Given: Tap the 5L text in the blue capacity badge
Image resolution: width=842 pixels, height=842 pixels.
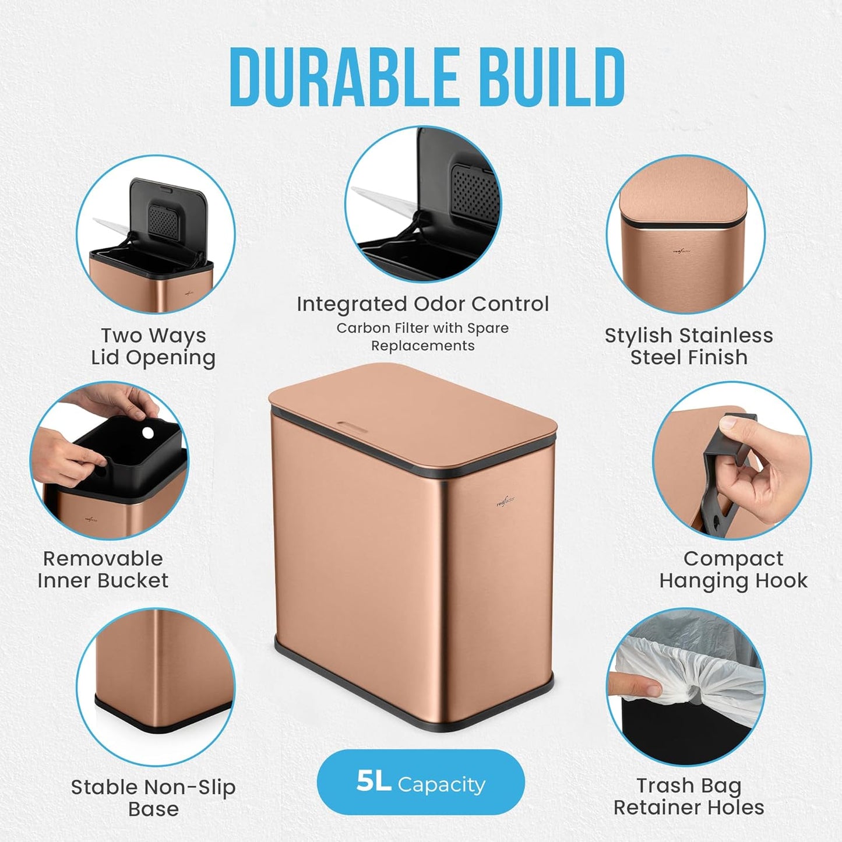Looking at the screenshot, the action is (374, 782).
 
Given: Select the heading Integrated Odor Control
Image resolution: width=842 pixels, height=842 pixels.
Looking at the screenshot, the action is (422, 304).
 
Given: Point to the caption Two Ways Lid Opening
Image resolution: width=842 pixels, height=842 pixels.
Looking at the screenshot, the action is (153, 347).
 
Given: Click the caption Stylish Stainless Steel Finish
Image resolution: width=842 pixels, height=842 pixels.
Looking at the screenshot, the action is (689, 347).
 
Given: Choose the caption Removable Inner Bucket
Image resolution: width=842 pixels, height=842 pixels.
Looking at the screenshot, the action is (103, 570).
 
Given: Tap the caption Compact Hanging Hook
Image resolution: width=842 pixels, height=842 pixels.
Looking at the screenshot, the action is (733, 570).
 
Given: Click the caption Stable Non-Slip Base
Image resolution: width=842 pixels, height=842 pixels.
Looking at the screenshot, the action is (153, 798).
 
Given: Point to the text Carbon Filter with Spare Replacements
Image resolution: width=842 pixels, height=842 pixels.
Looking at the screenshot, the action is (422, 337).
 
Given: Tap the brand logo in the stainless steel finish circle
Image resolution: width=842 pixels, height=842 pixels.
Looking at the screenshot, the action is (682, 252).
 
